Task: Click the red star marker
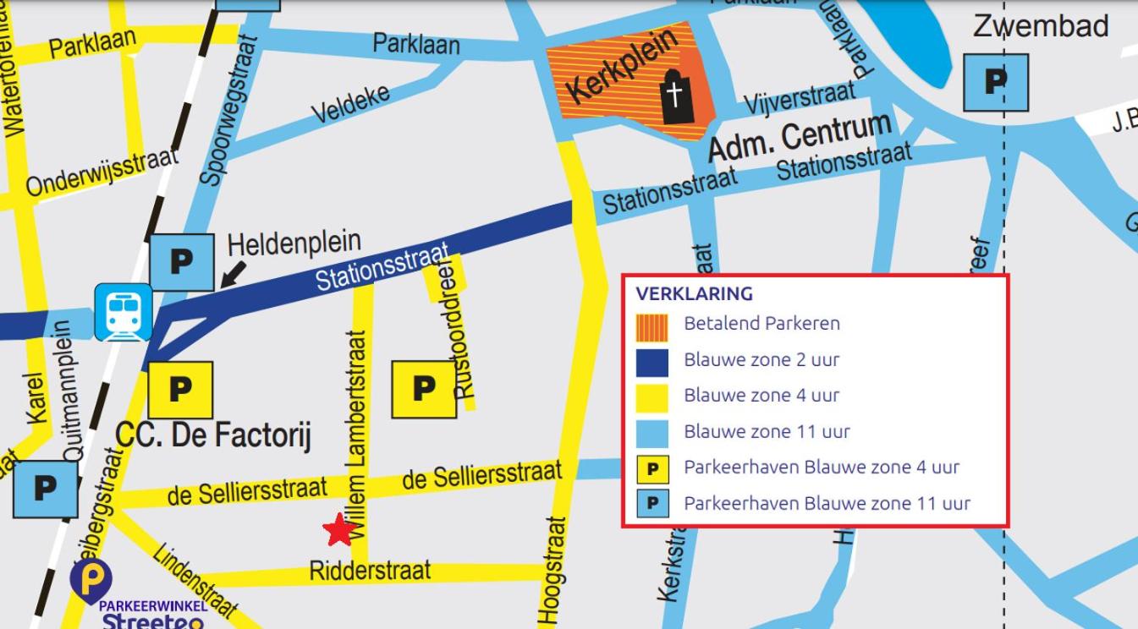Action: (x=339, y=530)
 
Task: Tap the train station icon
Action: (x=124, y=312)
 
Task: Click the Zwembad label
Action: (x=1040, y=25)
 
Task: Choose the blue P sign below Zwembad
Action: (x=996, y=82)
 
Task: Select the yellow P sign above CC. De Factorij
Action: (x=180, y=390)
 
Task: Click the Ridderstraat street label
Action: (x=370, y=571)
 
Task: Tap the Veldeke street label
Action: (x=350, y=103)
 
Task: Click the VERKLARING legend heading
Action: (x=694, y=294)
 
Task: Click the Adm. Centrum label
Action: (x=799, y=136)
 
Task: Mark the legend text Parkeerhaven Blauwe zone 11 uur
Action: (x=827, y=504)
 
